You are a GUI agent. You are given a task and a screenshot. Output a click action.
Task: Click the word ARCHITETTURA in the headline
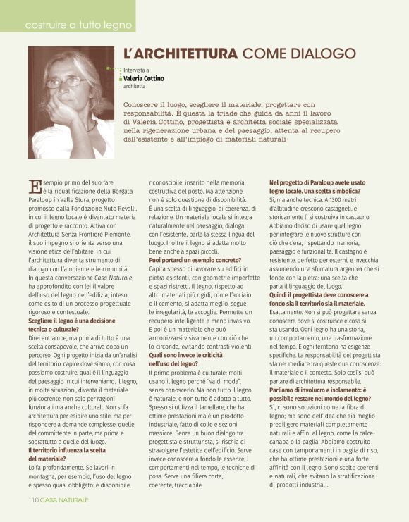(181, 54)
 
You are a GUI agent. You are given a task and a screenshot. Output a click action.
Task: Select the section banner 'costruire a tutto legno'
(78, 25)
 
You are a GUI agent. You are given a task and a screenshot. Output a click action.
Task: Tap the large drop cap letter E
(35, 186)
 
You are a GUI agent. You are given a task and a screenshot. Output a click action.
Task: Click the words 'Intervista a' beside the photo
(137, 70)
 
